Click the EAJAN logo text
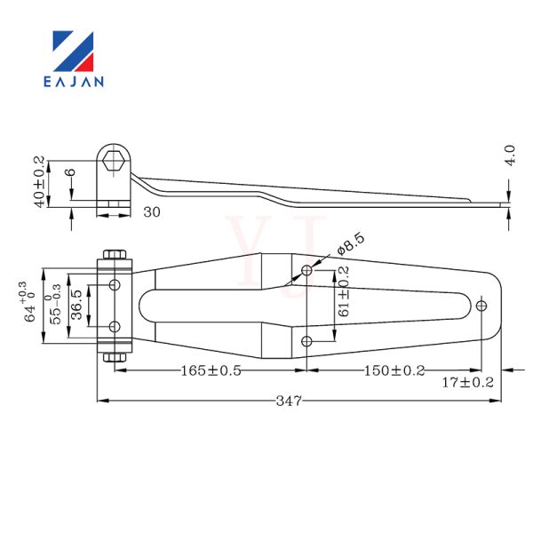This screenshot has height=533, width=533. pyautogui.click(x=74, y=82)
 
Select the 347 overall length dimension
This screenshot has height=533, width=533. pyautogui.click(x=289, y=401)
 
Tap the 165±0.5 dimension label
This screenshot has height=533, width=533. pyautogui.click(x=211, y=370)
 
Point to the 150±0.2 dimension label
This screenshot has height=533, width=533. pyautogui.click(x=394, y=370)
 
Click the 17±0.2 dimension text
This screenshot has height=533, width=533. pyautogui.click(x=467, y=383)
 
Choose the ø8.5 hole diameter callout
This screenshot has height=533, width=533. pyautogui.click(x=351, y=243)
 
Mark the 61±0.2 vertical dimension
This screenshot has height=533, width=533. pyautogui.click(x=343, y=291)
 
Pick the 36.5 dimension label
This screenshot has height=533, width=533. pyautogui.click(x=77, y=305)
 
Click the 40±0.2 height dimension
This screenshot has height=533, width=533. pyautogui.click(x=39, y=182)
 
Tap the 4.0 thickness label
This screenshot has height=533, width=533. pyautogui.click(x=511, y=155)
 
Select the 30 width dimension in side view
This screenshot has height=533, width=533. pyautogui.click(x=152, y=212)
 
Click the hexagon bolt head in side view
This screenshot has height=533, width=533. pyautogui.click(x=114, y=161)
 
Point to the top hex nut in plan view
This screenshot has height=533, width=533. pyautogui.click(x=115, y=255)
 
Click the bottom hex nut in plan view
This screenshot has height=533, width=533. pyautogui.click(x=115, y=357)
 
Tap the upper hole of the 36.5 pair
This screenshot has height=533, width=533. pyautogui.click(x=115, y=284)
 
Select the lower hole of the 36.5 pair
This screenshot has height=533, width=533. pyautogui.click(x=115, y=327)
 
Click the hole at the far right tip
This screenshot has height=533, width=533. pyautogui.click(x=481, y=306)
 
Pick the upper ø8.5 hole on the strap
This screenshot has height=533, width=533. pyautogui.click(x=306, y=271)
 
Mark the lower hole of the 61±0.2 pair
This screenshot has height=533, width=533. pyautogui.click(x=306, y=341)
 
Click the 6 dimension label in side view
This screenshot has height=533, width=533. pyautogui.click(x=71, y=172)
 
